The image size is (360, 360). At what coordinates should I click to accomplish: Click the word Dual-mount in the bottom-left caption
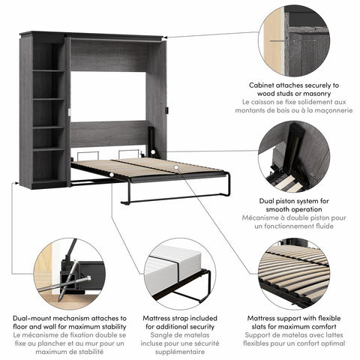pos(32,318)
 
